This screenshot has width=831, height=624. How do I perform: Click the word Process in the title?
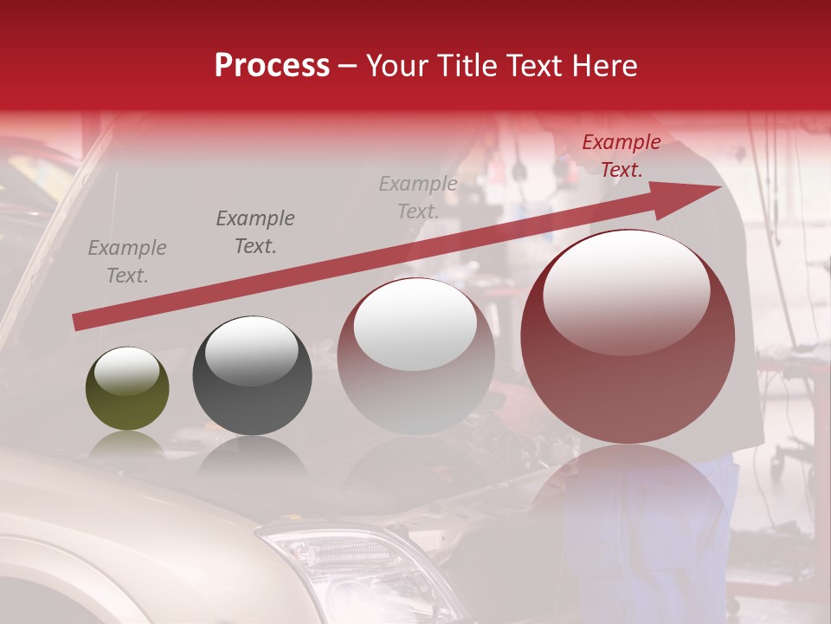272,66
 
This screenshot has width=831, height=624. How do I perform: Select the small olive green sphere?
127,388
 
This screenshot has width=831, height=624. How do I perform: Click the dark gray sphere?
252,374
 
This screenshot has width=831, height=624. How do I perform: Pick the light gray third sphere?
416,355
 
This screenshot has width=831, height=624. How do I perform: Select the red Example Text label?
621,156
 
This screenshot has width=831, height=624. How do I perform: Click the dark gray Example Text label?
255,232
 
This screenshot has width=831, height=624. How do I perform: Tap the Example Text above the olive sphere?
127,262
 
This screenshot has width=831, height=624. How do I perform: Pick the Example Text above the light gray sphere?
418,197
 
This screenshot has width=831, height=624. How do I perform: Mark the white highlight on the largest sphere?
626,290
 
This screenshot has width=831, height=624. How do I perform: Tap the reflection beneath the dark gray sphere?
252,455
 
